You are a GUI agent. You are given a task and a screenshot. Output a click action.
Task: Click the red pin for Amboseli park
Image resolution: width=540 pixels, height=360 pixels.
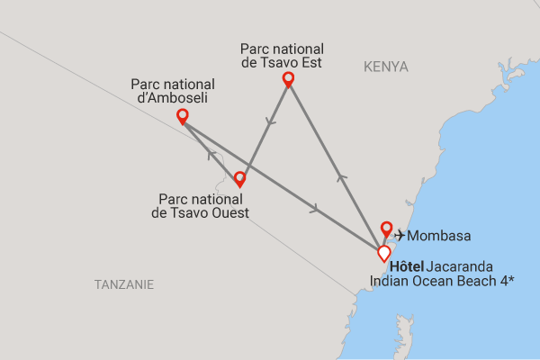tap(183, 115)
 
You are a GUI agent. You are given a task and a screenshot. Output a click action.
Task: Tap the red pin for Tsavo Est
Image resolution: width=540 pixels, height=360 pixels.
tap(289, 79)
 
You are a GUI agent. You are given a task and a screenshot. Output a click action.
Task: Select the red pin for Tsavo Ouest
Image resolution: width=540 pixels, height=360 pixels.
tap(239, 178)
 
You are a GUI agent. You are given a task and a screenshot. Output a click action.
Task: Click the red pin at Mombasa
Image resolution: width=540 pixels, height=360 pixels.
tap(387, 228)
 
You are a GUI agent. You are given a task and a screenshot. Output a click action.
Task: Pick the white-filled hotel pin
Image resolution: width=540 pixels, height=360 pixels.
tap(384, 253)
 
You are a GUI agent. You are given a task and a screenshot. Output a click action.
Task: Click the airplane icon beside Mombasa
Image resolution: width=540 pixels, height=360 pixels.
tap(400, 236)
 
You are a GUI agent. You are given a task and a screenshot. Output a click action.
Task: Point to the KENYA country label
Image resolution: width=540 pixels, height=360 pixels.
tap(386, 67)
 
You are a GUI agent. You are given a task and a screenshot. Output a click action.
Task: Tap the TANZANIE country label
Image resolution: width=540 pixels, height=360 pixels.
tap(124, 284)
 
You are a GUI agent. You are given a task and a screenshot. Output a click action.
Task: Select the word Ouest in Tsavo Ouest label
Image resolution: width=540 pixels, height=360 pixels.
tap(230, 212)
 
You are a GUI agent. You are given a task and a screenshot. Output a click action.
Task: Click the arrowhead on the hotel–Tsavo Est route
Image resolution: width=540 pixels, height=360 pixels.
tap(341, 177)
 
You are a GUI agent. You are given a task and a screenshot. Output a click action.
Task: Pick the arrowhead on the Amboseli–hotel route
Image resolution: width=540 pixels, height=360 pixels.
tap(315, 209)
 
